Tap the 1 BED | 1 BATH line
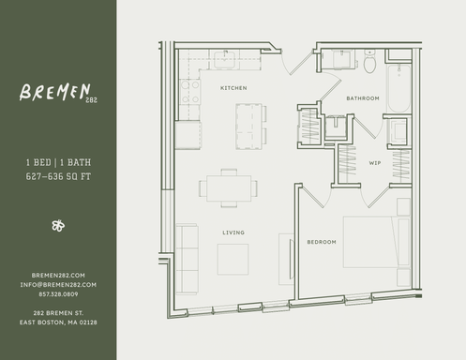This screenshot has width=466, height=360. [x=57, y=162]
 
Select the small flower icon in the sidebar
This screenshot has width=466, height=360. [x=57, y=226]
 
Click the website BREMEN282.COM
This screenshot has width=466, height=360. [x=57, y=275]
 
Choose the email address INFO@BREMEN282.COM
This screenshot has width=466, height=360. [x=57, y=284]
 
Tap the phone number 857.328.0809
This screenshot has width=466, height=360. [x=57, y=293]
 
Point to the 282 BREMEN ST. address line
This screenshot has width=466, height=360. [x=57, y=312]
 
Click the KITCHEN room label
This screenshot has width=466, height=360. [x=233, y=88]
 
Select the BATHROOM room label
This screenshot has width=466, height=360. [x=363, y=98]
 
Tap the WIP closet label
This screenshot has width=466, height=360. [x=374, y=163]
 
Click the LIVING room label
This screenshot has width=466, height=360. [x=233, y=232]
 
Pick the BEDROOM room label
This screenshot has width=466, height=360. [x=322, y=242]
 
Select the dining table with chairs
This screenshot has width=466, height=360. [x=229, y=187]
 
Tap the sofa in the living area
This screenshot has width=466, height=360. [x=188, y=259]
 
